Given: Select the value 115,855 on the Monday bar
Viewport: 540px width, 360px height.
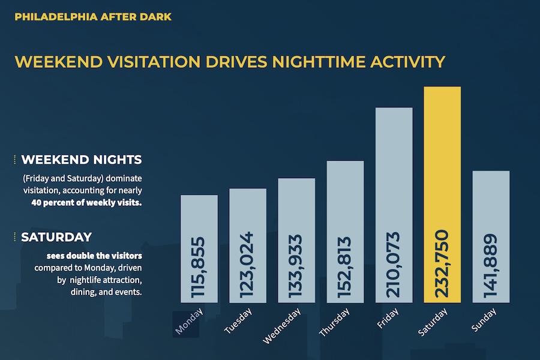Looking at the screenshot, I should click(x=199, y=268).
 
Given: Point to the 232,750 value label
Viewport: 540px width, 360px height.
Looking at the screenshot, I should click(x=442, y=263).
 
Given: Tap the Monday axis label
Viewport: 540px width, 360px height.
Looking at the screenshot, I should click(x=190, y=322).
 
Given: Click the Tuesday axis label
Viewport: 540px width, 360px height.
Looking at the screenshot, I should click(x=239, y=321).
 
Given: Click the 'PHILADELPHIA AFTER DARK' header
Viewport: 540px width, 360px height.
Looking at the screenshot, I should click(x=93, y=17).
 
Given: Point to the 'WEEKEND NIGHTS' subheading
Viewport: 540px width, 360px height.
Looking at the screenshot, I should click(x=82, y=160).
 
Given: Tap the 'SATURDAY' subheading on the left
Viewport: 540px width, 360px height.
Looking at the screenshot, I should click(x=56, y=236).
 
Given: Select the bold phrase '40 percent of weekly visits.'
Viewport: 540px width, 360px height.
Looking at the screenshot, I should click(x=86, y=202).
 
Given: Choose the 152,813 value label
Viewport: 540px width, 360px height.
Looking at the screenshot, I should click(x=345, y=266).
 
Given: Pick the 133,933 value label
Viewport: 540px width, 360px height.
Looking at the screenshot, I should click(x=296, y=266).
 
